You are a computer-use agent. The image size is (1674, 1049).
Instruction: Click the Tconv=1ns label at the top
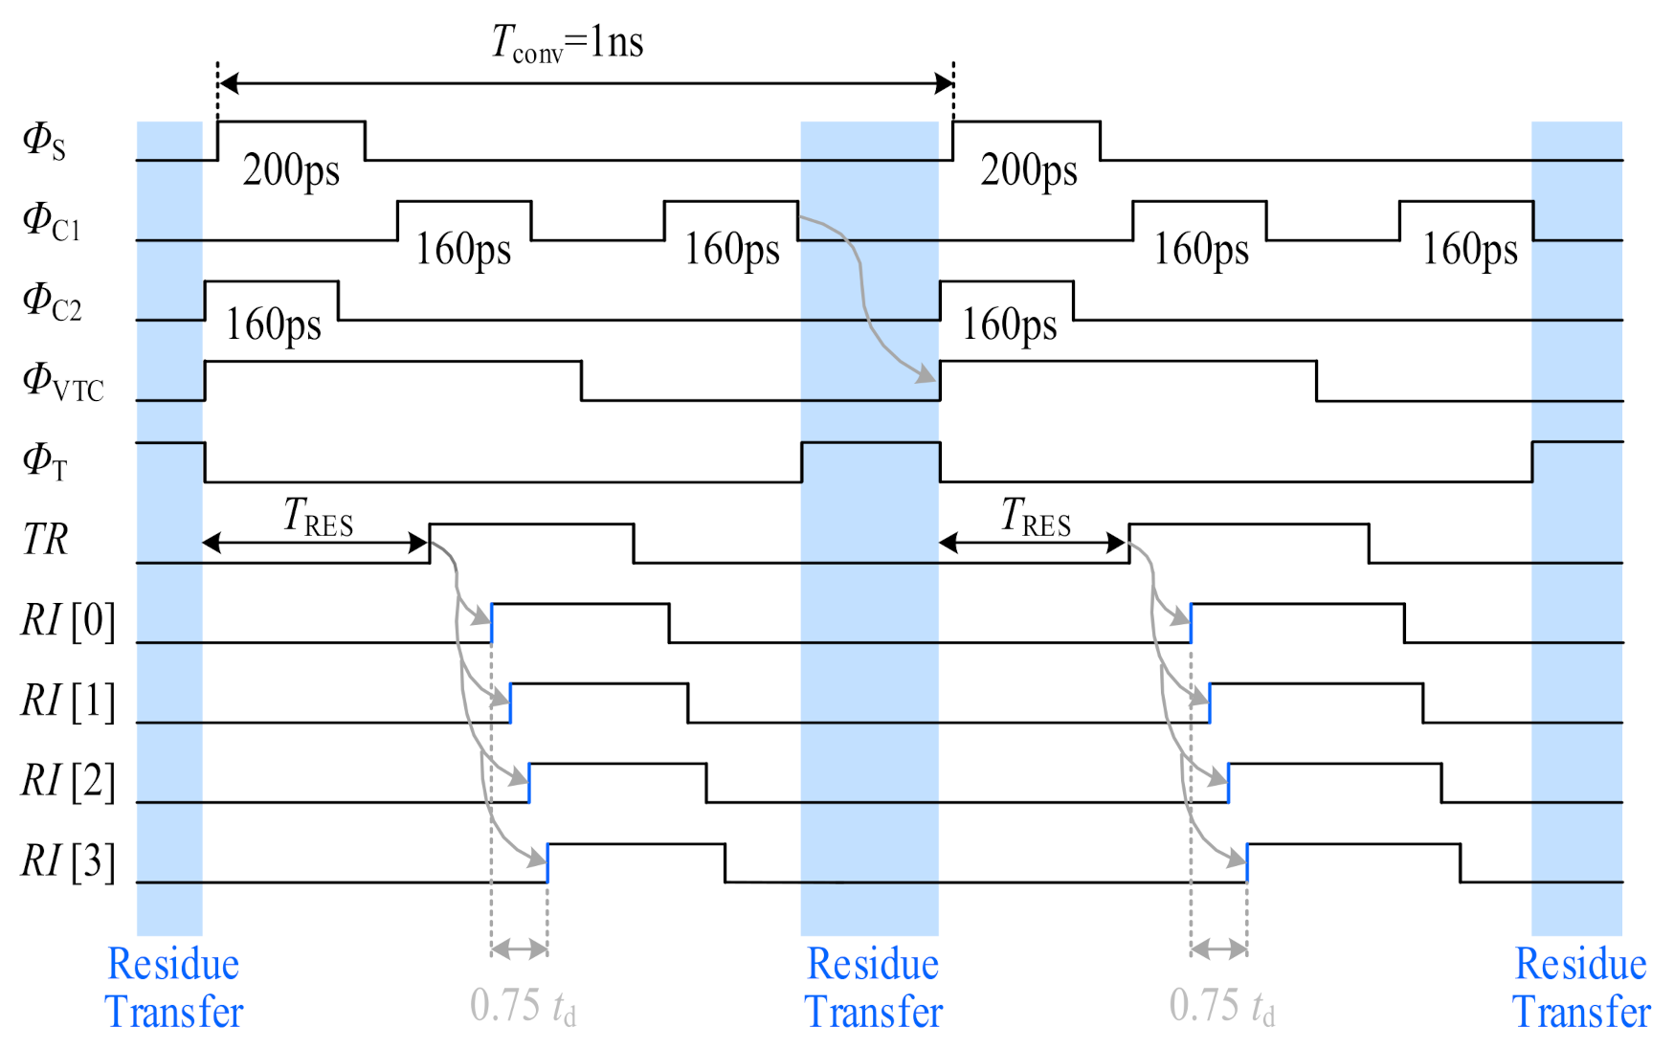pyautogui.click(x=568, y=43)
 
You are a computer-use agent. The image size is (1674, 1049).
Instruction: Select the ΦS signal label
pyautogui.click(x=44, y=141)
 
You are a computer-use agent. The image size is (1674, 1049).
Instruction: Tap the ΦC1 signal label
pyautogui.click(x=51, y=221)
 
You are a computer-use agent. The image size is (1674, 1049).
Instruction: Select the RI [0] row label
pyautogui.click(x=68, y=621)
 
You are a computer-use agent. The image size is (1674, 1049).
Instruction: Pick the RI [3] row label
pyautogui.click(x=68, y=861)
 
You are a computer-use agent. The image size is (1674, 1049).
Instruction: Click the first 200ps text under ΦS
pyautogui.click(x=291, y=170)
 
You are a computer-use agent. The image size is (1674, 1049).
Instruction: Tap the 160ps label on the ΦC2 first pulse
pyautogui.click(x=273, y=325)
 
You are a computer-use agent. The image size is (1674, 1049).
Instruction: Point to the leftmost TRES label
pyautogui.click(x=318, y=517)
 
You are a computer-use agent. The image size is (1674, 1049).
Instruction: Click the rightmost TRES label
pyautogui.click(x=1036, y=517)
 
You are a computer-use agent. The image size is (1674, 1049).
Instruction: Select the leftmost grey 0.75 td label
pyautogui.click(x=523, y=1007)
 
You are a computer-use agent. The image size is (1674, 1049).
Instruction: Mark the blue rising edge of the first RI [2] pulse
pyautogui.click(x=529, y=783)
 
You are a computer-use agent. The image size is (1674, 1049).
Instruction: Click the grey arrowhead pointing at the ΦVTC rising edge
pyautogui.click(x=926, y=374)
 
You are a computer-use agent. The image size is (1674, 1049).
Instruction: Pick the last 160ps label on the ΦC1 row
pyautogui.click(x=1469, y=250)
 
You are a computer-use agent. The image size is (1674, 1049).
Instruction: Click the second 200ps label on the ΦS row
pyautogui.click(x=1029, y=170)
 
